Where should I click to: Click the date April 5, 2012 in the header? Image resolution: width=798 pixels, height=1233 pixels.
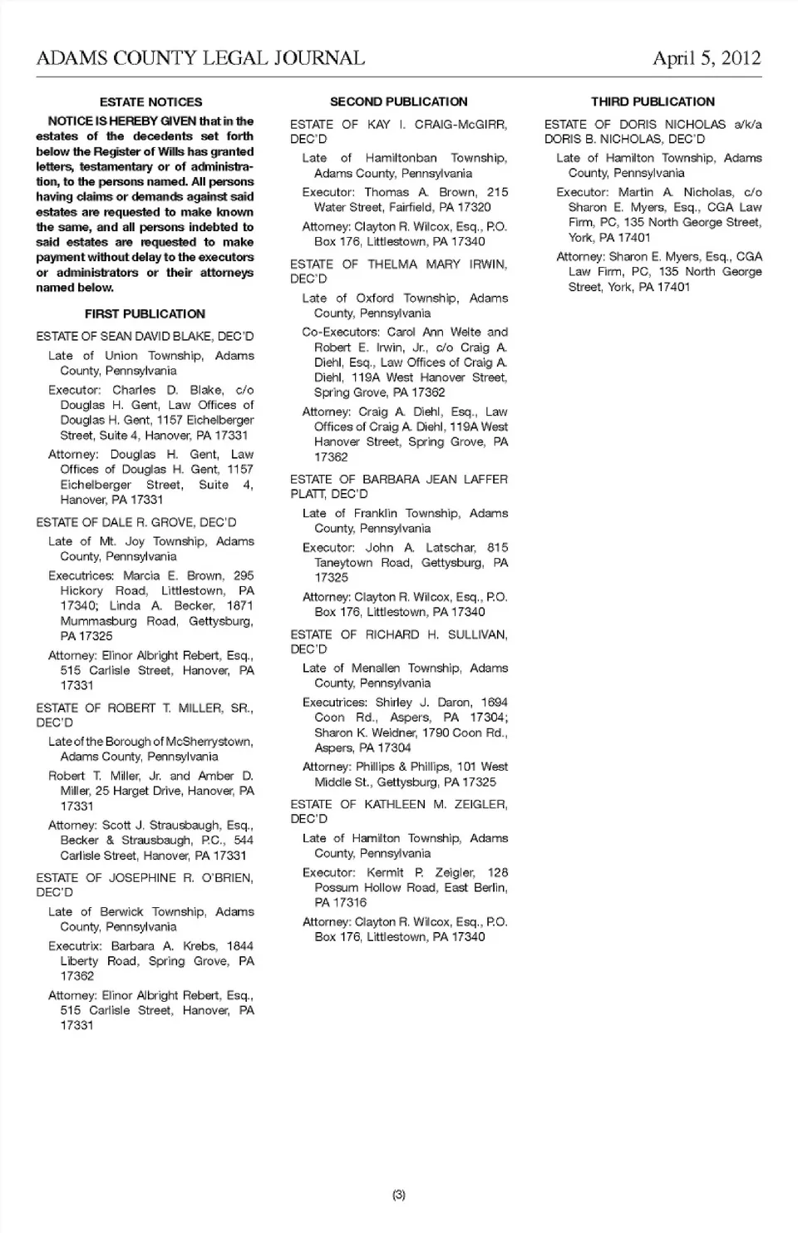click(707, 58)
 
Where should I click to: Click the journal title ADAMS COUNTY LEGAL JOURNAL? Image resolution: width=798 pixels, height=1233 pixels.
click(200, 58)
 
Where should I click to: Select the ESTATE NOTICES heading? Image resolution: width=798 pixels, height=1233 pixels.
click(150, 102)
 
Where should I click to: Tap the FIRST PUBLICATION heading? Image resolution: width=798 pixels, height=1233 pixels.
click(145, 314)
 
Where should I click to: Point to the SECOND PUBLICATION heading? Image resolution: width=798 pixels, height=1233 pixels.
click(398, 102)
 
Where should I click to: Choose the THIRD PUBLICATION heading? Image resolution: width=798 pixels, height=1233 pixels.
click(653, 102)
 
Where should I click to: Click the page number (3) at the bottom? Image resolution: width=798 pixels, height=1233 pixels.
click(399, 1195)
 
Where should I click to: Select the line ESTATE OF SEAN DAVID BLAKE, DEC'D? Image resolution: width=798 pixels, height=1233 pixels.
click(145, 337)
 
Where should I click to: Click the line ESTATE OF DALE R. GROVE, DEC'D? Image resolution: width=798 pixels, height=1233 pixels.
click(136, 522)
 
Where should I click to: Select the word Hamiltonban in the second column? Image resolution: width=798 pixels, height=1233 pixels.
click(401, 158)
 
